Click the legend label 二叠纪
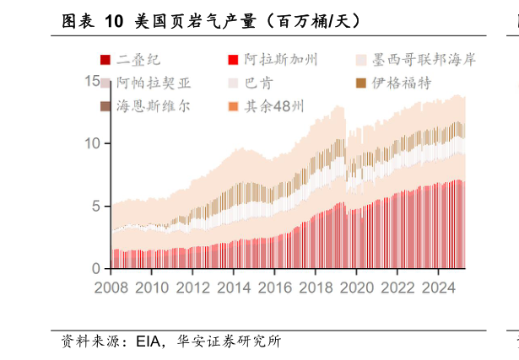[138, 59]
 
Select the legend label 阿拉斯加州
[281, 59]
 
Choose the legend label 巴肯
[258, 83]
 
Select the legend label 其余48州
[274, 106]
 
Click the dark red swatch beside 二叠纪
[105, 59]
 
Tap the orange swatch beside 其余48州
[233, 106]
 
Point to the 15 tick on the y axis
[93, 81]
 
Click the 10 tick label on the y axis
[93, 143]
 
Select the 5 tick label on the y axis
[97, 206]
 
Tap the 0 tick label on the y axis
[97, 268]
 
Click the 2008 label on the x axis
[111, 287]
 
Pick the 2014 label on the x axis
[233, 287]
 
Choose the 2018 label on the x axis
[315, 287]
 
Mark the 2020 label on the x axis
[355, 287]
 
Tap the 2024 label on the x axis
[437, 287]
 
